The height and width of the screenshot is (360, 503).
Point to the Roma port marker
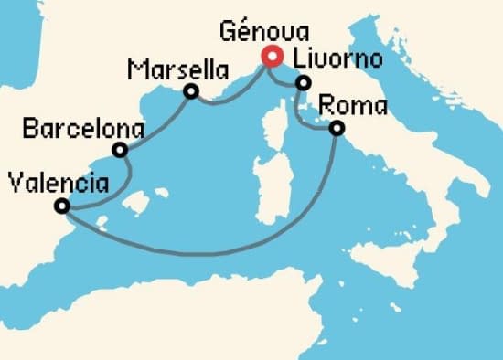(337, 129)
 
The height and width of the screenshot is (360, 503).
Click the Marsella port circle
(191, 91)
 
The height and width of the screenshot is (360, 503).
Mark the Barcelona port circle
(120, 150)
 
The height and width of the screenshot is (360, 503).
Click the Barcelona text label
(83, 127)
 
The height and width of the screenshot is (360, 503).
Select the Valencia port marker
(61, 206)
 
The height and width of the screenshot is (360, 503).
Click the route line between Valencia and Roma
(210, 252)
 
